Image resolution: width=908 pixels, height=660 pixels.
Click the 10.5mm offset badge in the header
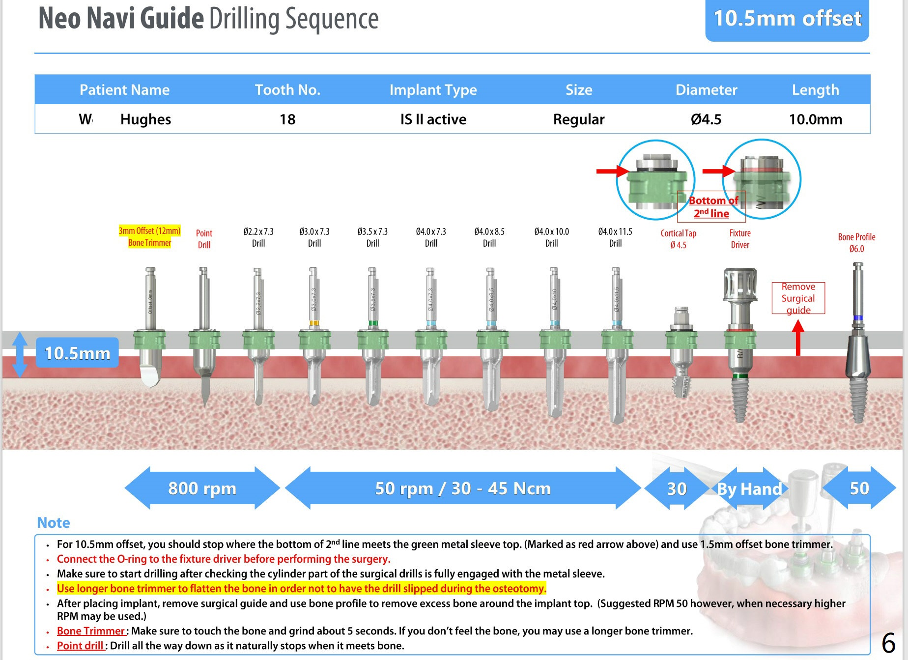coord(787,19)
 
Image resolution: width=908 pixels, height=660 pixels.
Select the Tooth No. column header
coord(287,90)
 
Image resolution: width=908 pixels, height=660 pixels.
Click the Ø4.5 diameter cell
coord(706,119)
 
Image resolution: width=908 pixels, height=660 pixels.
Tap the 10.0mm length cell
coord(815,119)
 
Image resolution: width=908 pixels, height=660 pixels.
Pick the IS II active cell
coord(433,119)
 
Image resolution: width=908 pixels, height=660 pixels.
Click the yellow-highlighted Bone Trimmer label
coord(149,237)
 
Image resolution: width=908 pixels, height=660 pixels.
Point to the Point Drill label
coord(204,239)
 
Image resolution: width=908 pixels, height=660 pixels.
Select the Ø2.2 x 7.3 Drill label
coord(258,237)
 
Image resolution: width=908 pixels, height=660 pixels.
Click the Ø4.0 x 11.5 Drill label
coord(615,237)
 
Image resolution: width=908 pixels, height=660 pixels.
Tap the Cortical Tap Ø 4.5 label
coord(678,239)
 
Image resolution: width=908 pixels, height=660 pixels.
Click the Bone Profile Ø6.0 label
coord(856,243)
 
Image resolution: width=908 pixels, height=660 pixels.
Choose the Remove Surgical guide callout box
coord(798,298)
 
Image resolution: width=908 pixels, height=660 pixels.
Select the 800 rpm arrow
coord(202,488)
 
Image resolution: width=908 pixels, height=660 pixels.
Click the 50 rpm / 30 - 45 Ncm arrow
coord(462,488)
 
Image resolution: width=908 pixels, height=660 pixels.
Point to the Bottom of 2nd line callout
coord(711,207)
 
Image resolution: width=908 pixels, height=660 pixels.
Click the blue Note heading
coord(54,522)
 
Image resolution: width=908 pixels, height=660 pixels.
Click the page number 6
coord(888,643)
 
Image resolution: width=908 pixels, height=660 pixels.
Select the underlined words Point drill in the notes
coord(80,646)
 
